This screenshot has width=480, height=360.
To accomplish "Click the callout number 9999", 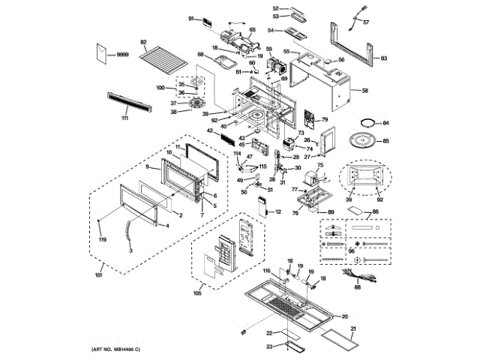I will pyautogui.click(x=123, y=55).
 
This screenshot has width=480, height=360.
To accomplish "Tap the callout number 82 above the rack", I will pyautogui.click(x=142, y=42).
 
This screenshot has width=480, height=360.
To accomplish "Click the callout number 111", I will pyautogui.click(x=124, y=118).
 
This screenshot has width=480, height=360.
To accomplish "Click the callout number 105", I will pyautogui.click(x=198, y=293).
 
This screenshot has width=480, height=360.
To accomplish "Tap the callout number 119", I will pyautogui.click(x=102, y=240).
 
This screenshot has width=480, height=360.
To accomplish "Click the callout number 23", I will pyautogui.click(x=269, y=346).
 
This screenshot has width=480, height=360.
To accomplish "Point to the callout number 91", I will pyautogui.click(x=191, y=17).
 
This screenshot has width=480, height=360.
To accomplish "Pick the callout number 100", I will pyautogui.click(x=160, y=88).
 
